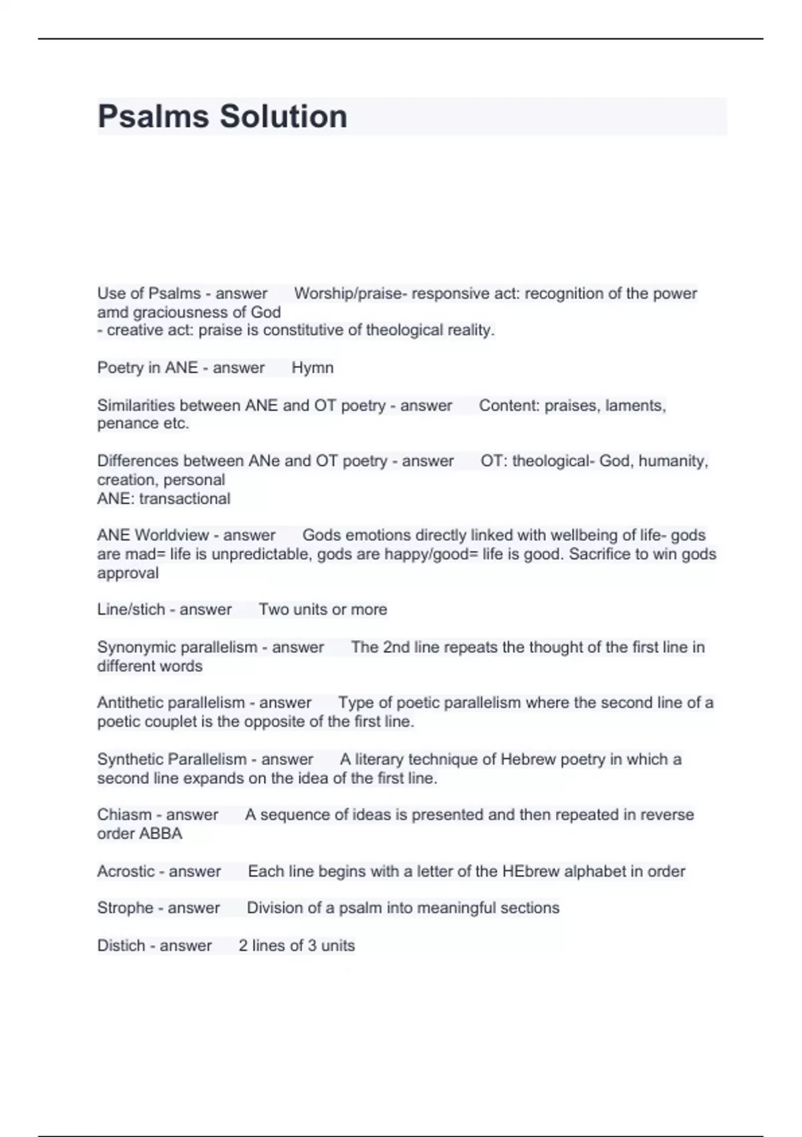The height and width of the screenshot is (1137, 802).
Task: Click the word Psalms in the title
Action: pos(153,116)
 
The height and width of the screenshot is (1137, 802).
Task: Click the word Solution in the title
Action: pos(283,116)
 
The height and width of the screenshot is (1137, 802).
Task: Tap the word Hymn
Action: pos(312,368)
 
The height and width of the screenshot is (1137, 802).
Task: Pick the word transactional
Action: pos(184,498)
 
